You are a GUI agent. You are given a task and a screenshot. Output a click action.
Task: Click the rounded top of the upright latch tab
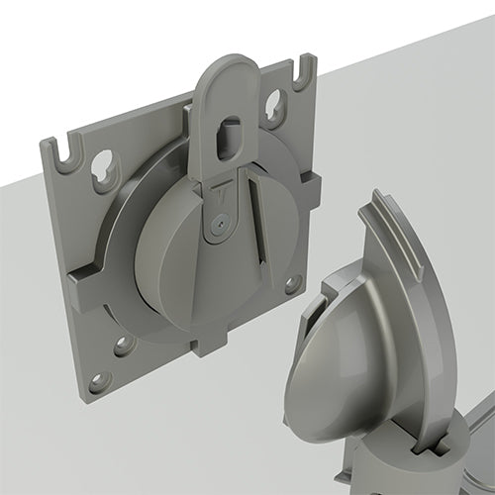tap(226, 74)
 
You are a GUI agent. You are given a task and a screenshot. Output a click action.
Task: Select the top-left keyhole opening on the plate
tap(102, 171)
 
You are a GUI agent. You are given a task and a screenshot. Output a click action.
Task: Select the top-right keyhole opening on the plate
tap(274, 103)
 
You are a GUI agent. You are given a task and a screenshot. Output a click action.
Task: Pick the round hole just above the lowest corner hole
tap(124, 345)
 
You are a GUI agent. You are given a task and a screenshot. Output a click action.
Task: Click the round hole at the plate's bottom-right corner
tap(293, 284)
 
